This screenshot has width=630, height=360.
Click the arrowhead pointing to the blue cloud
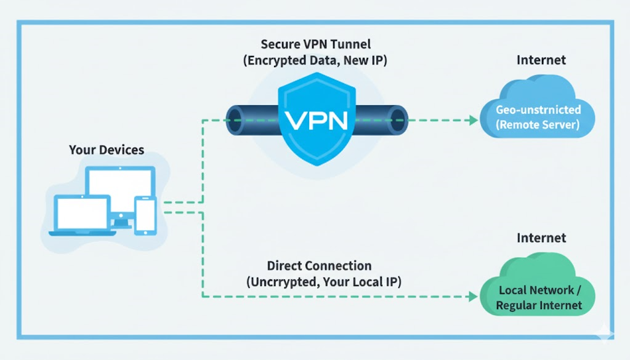pos(474,119)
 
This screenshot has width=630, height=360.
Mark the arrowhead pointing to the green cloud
pos(474,296)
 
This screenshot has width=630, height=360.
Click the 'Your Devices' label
pos(107,150)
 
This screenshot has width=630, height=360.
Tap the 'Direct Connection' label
pos(319,266)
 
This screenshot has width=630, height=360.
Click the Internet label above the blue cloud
pos(541,60)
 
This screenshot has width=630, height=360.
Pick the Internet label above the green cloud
pos(541,238)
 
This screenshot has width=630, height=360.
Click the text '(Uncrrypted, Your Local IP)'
pos(319,282)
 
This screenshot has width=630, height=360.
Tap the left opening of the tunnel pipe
pos(235,119)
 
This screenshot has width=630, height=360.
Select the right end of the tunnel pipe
pos(399,119)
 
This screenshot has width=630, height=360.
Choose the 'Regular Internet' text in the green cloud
pos(540,305)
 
